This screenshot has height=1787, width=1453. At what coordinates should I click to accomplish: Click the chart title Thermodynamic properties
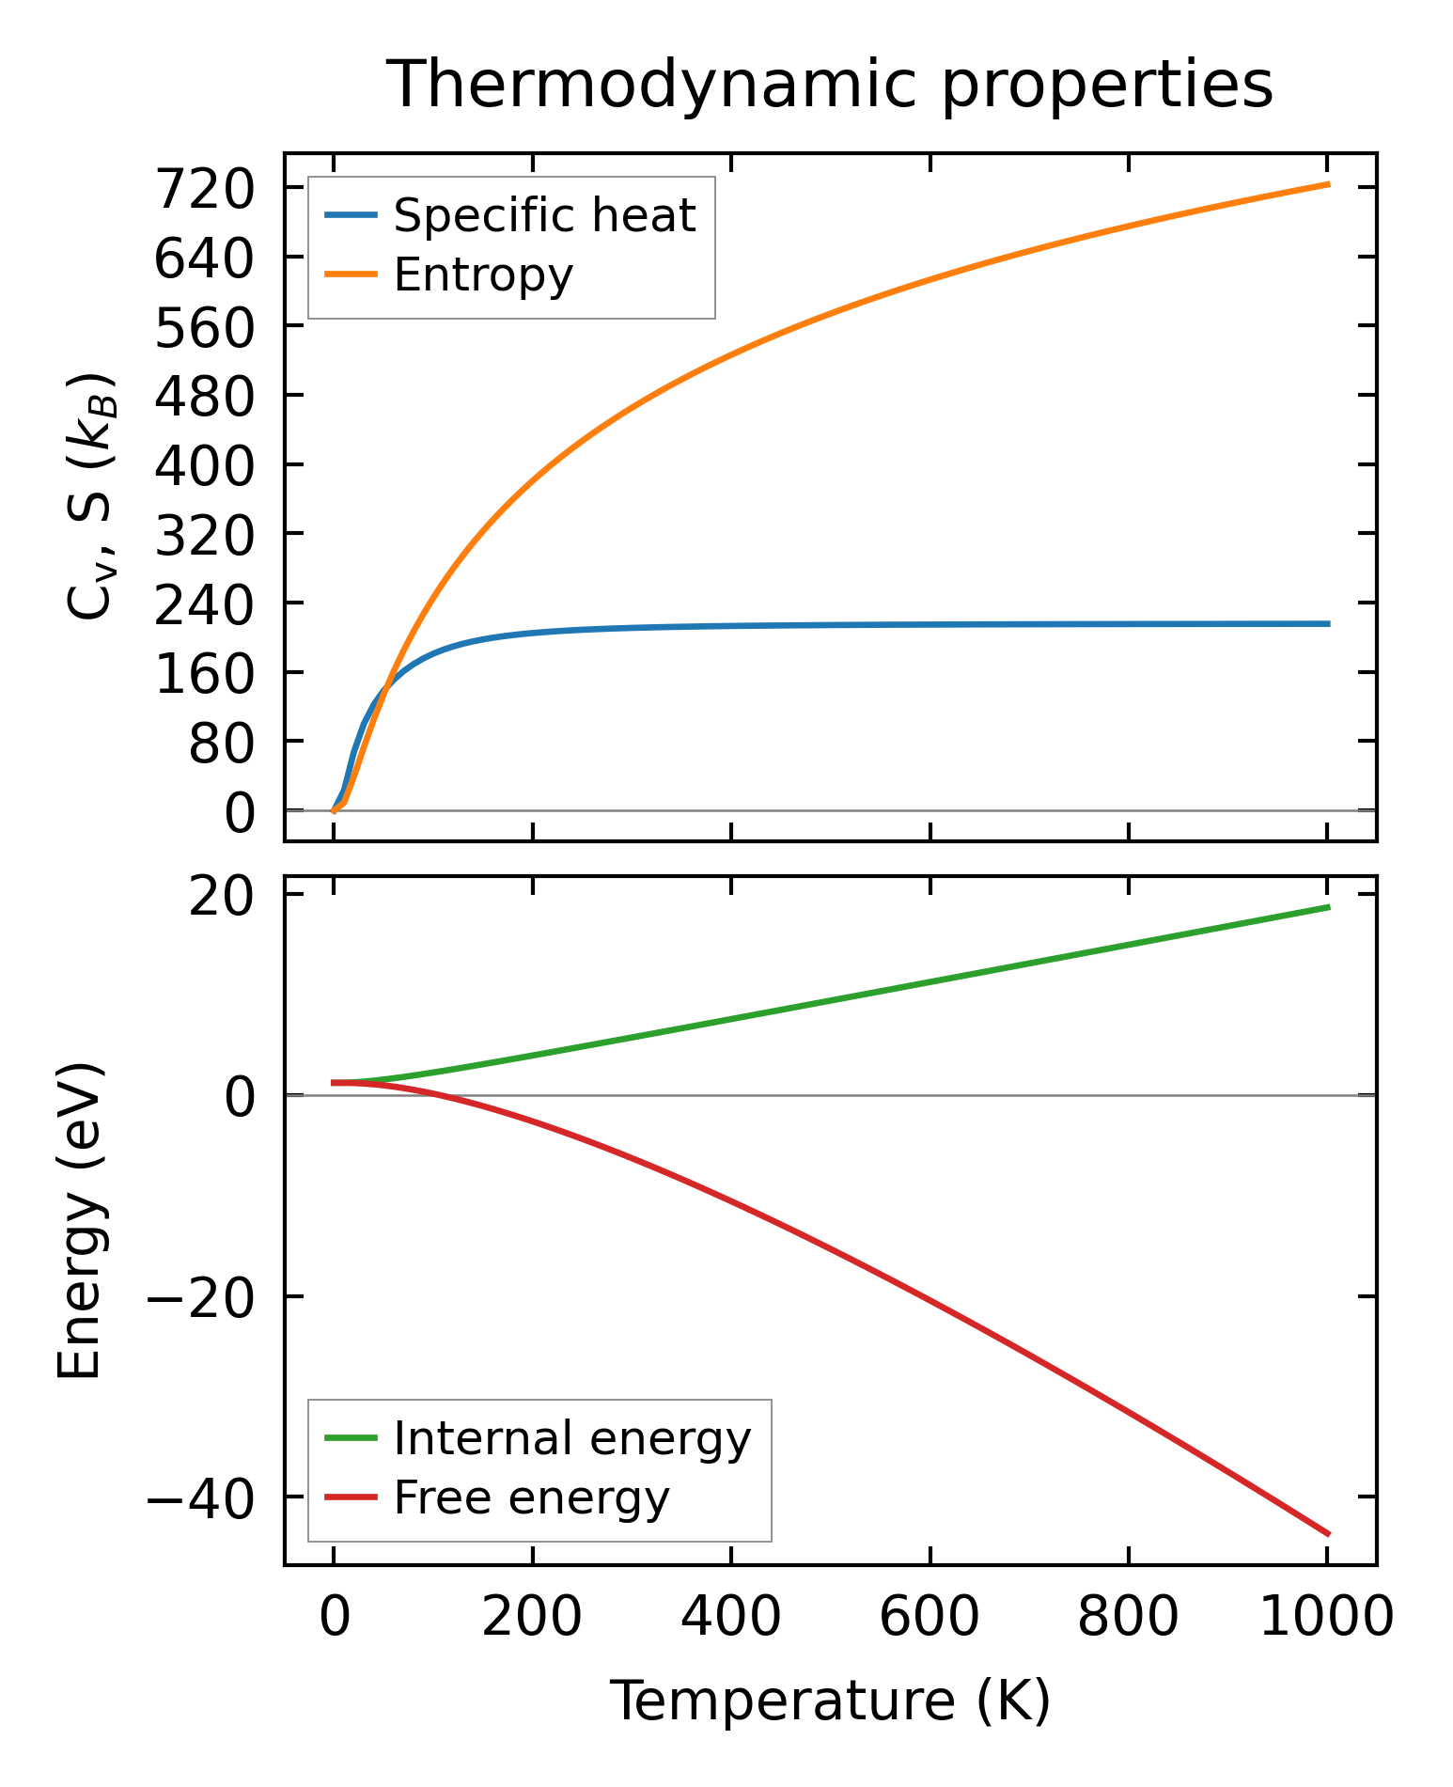point(830,86)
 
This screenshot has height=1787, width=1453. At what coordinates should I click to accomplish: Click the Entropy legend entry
point(483,275)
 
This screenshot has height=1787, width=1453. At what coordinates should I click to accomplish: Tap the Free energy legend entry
point(531,1497)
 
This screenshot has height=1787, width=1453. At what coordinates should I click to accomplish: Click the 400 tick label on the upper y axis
point(205,465)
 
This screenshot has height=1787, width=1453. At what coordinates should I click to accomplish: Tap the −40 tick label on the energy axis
point(200,1497)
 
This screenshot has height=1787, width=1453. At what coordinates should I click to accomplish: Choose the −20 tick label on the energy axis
point(200,1296)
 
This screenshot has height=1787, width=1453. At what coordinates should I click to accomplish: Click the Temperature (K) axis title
point(830,1701)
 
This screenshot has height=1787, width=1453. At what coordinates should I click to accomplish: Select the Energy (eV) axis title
point(79,1221)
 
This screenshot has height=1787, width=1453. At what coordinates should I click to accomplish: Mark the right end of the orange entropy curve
point(1328,184)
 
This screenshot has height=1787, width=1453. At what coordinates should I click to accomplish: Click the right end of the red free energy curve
point(1328,1534)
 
